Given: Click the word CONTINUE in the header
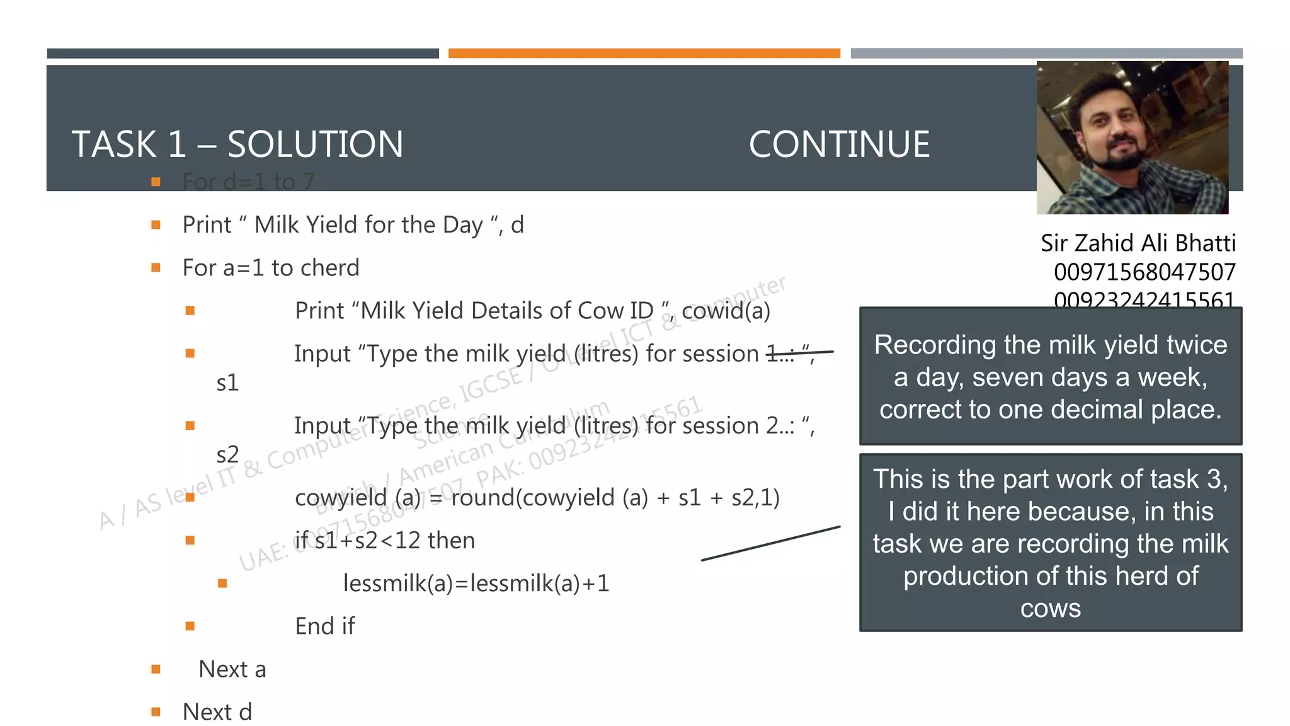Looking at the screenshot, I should click(839, 144).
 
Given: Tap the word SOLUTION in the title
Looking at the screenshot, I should click(315, 144).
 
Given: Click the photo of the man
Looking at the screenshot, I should click(1132, 137).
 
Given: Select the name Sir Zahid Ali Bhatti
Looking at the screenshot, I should click(1138, 243).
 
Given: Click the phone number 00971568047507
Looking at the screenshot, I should click(1144, 272).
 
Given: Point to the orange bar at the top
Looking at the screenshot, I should click(644, 54).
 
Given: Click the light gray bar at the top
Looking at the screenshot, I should click(1046, 54).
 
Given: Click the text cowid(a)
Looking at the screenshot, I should click(726, 311).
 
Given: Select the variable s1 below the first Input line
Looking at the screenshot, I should click(227, 383).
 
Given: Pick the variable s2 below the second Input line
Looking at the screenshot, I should click(227, 454).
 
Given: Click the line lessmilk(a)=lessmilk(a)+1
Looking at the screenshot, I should click(476, 583).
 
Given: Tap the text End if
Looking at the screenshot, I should click(325, 626).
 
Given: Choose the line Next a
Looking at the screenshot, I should click(232, 669).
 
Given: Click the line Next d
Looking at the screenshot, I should click(217, 712).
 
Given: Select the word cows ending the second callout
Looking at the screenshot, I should click(1050, 608).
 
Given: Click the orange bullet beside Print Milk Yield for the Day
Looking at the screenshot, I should click(156, 225).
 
